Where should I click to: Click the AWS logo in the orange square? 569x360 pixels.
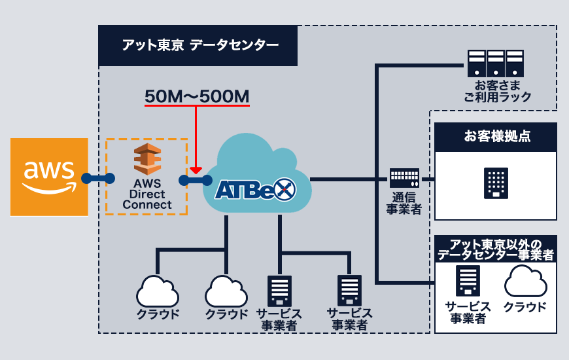click(x=49, y=177)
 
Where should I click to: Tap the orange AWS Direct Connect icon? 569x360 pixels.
click(x=147, y=159)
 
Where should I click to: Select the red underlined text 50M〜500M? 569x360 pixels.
click(x=197, y=96)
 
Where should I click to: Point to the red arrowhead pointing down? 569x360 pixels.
click(x=196, y=170)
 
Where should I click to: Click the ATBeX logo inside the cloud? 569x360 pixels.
click(x=256, y=190)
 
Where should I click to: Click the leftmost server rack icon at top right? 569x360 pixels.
click(x=476, y=63)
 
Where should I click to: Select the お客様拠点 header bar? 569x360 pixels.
click(x=496, y=137)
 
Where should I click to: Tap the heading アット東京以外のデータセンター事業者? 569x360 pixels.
click(x=496, y=249)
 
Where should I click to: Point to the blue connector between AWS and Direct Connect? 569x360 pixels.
click(x=97, y=178)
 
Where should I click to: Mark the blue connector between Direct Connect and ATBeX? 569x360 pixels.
click(x=196, y=179)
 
